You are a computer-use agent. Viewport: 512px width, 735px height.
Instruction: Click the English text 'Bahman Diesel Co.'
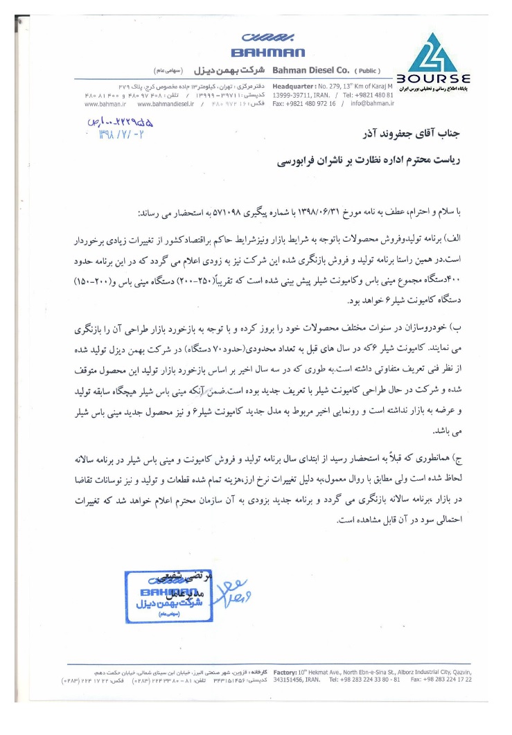[311, 71]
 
